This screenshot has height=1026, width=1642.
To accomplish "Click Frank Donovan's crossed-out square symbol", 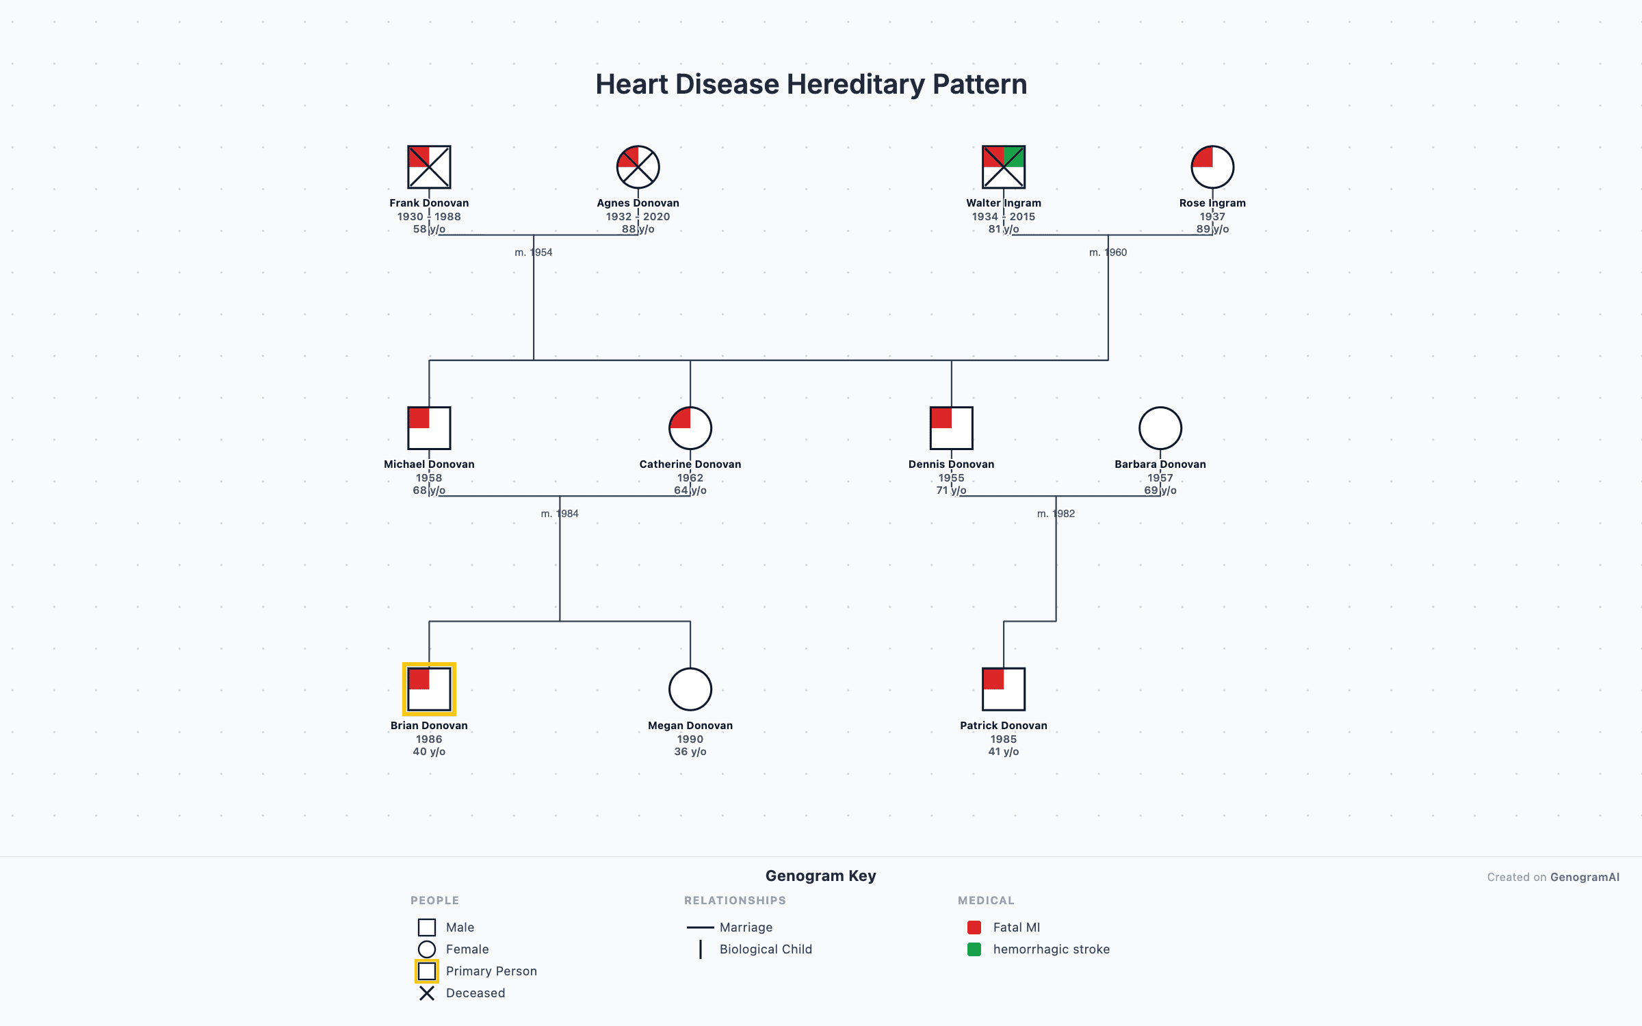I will tap(429, 167).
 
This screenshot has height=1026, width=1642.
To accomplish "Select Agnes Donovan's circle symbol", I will tap(638, 167).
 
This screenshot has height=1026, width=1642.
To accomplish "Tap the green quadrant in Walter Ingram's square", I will tap(1014, 157).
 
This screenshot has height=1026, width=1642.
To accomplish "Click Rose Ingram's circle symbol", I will tap(1212, 167).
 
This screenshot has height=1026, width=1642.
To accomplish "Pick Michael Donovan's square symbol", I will tap(429, 428).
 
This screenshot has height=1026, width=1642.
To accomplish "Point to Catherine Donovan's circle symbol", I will tap(690, 428).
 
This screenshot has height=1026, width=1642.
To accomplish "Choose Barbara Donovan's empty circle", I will tap(1160, 428).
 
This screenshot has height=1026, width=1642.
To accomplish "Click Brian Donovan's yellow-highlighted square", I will tap(429, 689).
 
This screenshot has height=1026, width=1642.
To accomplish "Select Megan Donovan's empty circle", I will tap(690, 689).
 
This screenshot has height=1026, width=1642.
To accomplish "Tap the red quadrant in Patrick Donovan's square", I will tap(993, 679).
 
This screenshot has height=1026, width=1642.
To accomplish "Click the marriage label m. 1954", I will tap(534, 252).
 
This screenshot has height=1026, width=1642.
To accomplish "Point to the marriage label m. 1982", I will tap(1056, 514).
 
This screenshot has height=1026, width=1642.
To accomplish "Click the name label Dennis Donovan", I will tap(951, 464).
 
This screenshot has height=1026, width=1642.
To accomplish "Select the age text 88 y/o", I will tap(638, 229).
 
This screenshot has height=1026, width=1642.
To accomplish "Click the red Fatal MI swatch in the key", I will tap(974, 928).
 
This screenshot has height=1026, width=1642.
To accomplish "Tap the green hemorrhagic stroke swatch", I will tap(974, 949).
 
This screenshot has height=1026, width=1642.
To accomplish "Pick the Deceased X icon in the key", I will tap(427, 993).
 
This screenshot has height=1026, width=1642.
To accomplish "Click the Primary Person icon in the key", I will tap(427, 971).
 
